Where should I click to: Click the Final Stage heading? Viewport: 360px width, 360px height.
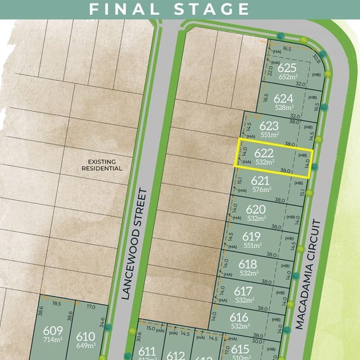point(169,9)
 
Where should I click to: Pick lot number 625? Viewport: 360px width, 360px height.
point(286,69)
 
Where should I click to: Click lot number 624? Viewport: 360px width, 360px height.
point(284,99)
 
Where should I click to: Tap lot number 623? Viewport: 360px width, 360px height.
point(269,126)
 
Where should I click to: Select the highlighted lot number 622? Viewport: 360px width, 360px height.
point(263,153)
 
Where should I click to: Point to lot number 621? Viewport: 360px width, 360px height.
point(261,181)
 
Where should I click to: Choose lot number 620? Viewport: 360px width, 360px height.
point(256,209)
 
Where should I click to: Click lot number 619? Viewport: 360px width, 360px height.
point(251,237)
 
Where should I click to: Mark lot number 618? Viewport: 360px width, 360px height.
point(248,265)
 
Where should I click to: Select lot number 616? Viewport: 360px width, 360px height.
point(239,318)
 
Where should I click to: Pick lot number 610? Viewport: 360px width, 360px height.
point(86,336)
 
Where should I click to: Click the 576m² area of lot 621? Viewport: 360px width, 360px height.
point(262,190)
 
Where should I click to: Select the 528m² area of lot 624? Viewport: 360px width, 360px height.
point(284,107)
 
